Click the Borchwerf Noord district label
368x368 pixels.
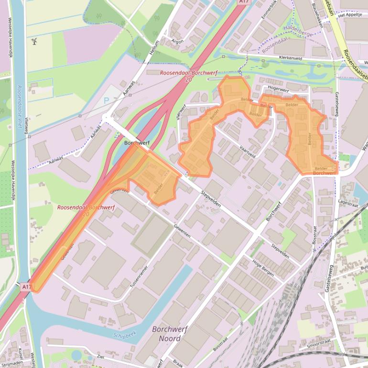170,334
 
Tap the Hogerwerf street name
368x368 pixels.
279,89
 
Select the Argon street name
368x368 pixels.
177,42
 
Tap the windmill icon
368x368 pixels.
34,42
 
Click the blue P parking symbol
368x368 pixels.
106,101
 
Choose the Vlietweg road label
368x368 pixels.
26,126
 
